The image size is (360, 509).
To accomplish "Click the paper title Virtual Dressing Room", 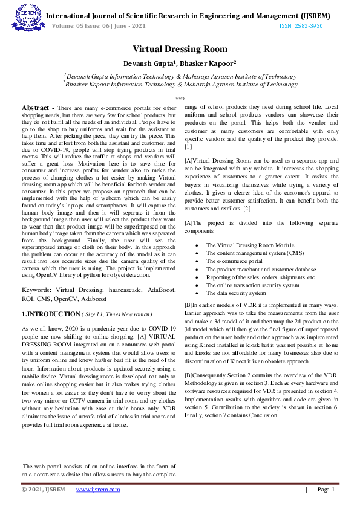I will (180, 49).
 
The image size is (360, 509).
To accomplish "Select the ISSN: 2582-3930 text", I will (301, 26).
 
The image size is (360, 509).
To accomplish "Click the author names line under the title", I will (180, 62).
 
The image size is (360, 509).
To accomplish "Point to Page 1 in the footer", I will (326, 490).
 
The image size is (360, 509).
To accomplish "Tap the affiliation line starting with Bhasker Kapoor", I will (180, 85).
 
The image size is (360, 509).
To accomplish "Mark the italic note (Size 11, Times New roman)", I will (117, 315).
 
